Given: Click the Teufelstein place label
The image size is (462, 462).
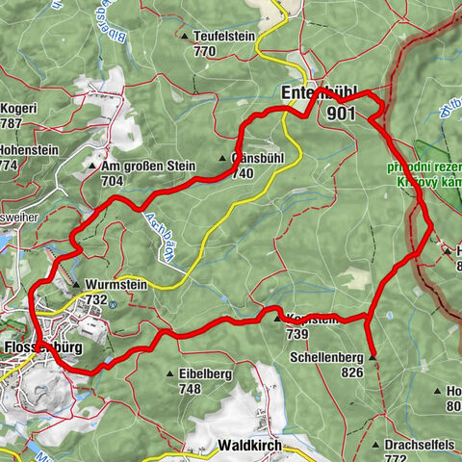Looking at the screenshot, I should tap(226, 36).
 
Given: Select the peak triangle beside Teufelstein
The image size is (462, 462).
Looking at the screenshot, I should tap(186, 37).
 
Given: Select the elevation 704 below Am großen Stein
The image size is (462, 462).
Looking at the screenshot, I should tap(113, 180).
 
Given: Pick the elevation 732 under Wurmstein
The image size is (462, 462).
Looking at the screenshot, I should tap(95, 299).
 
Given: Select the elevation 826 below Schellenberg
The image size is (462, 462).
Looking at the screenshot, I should tap(351, 372).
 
